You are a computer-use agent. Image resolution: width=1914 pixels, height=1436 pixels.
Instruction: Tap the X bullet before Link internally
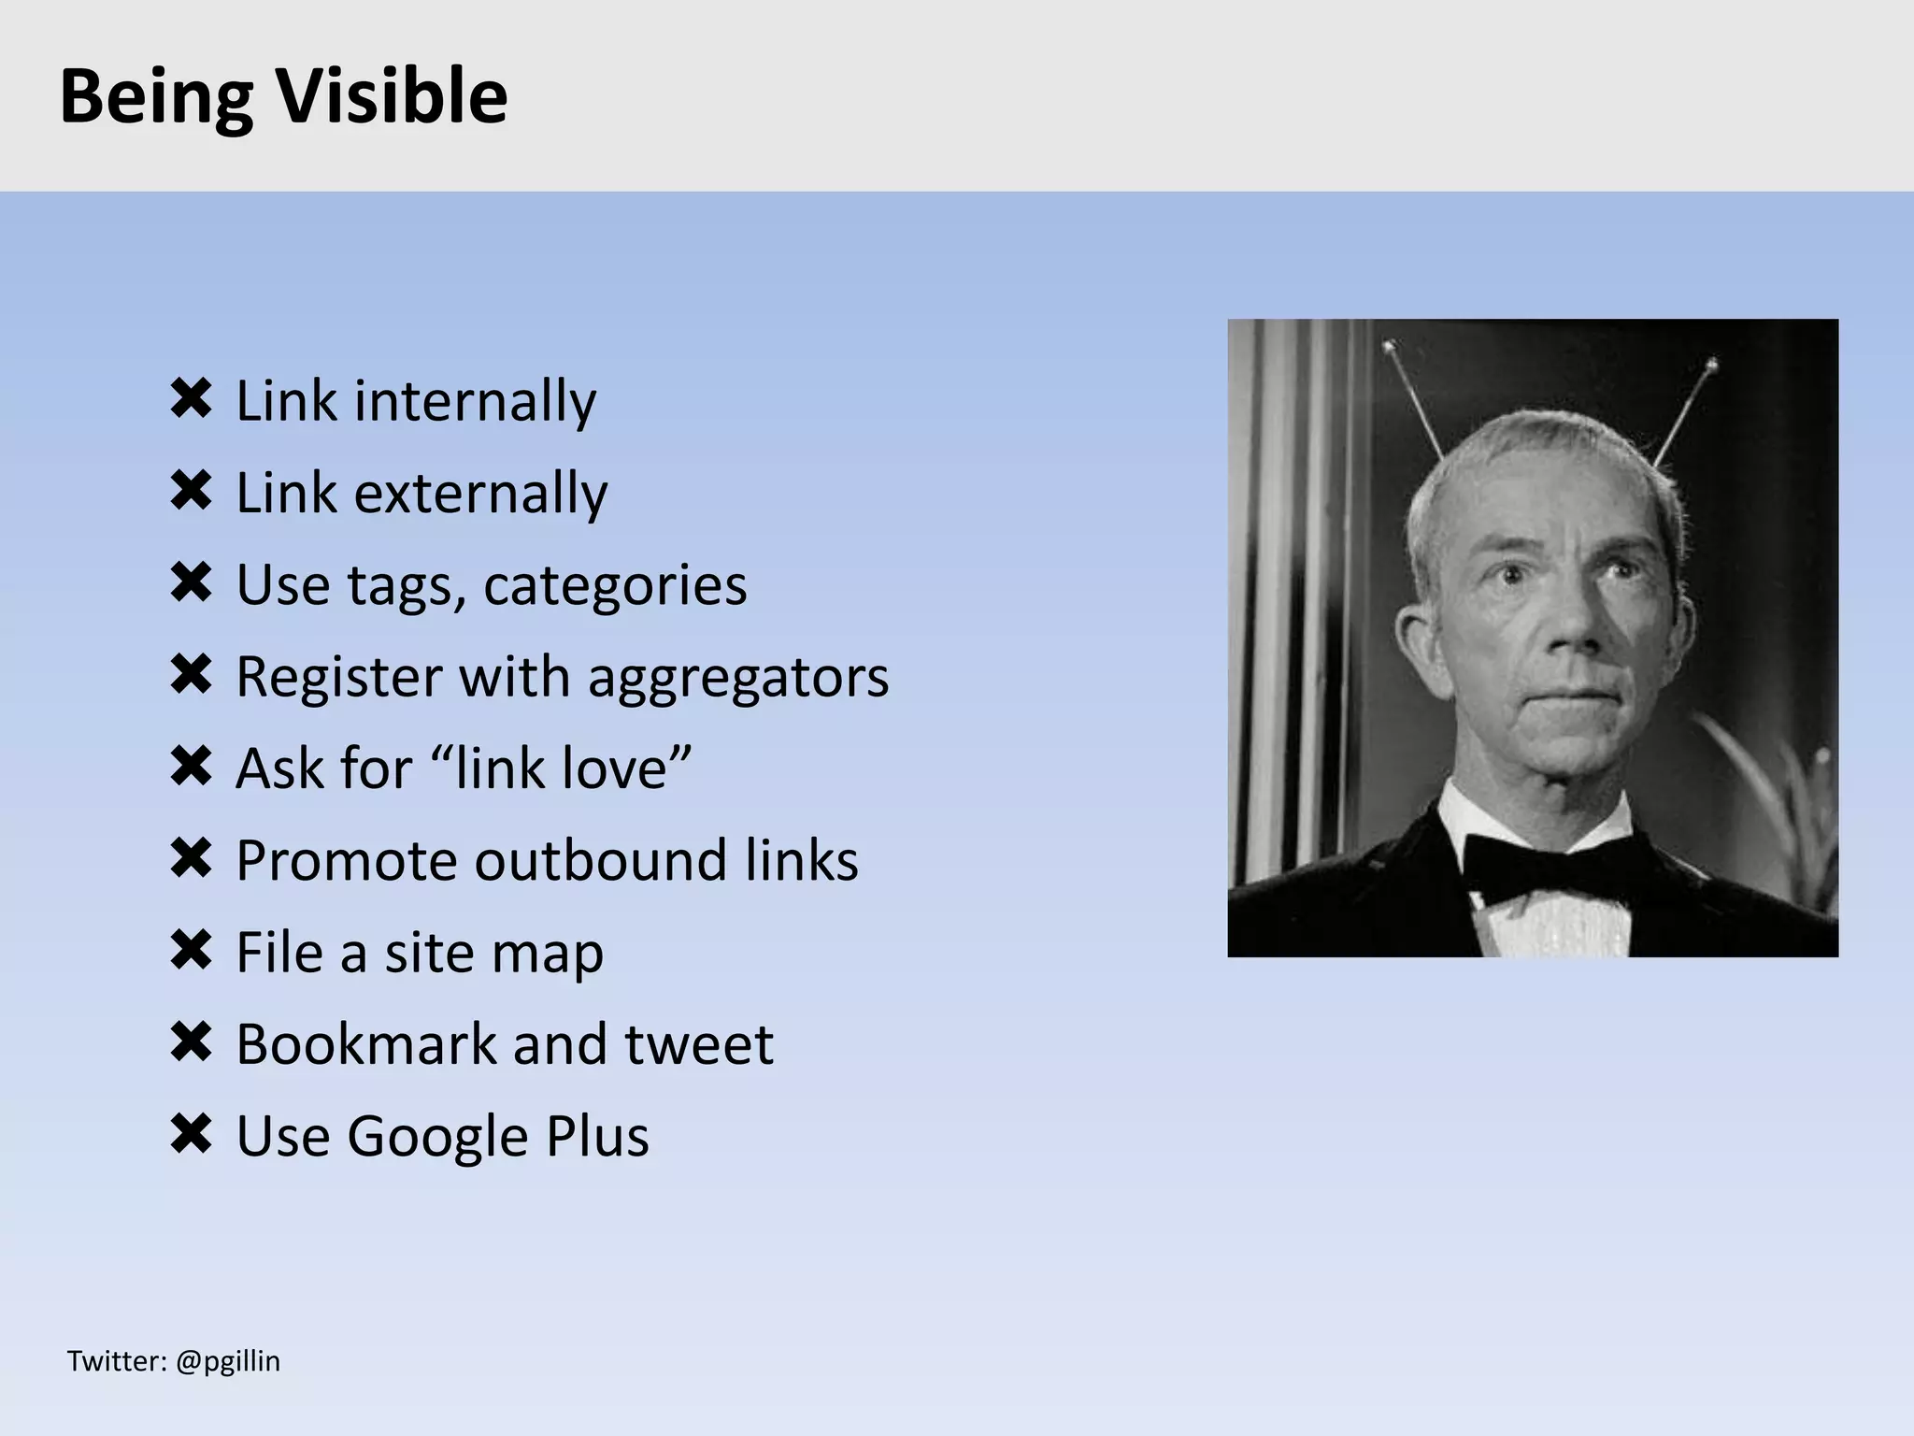tap(192, 399)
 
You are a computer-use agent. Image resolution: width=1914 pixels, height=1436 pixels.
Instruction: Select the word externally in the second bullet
tap(480, 493)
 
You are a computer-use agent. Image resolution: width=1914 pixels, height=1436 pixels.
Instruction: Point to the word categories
tap(615, 585)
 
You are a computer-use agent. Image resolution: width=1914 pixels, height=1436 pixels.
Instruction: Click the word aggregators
tap(738, 677)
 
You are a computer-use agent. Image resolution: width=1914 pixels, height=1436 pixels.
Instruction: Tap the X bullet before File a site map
tap(192, 951)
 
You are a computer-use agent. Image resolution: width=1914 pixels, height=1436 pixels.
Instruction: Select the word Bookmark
tap(365, 1043)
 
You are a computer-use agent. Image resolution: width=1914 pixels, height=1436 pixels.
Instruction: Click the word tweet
tap(699, 1043)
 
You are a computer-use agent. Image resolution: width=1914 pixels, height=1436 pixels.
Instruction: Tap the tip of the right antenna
tap(1712, 362)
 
